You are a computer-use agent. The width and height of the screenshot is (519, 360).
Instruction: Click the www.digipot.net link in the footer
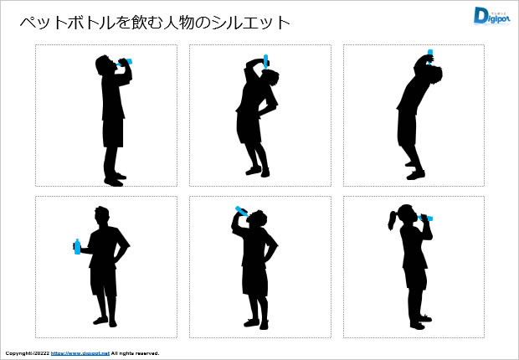pos(80,353)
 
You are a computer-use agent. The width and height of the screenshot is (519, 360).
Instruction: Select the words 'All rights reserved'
pos(135,353)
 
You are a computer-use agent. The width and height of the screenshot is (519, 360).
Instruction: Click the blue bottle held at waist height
pos(77,246)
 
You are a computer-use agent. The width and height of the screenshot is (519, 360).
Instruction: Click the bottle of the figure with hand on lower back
pos(266,59)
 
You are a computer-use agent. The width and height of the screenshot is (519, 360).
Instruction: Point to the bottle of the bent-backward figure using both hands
pos(429,54)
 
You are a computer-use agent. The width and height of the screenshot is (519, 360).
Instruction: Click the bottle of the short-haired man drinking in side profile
pos(127,61)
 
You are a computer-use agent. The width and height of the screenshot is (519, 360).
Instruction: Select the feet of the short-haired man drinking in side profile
pos(116,177)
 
